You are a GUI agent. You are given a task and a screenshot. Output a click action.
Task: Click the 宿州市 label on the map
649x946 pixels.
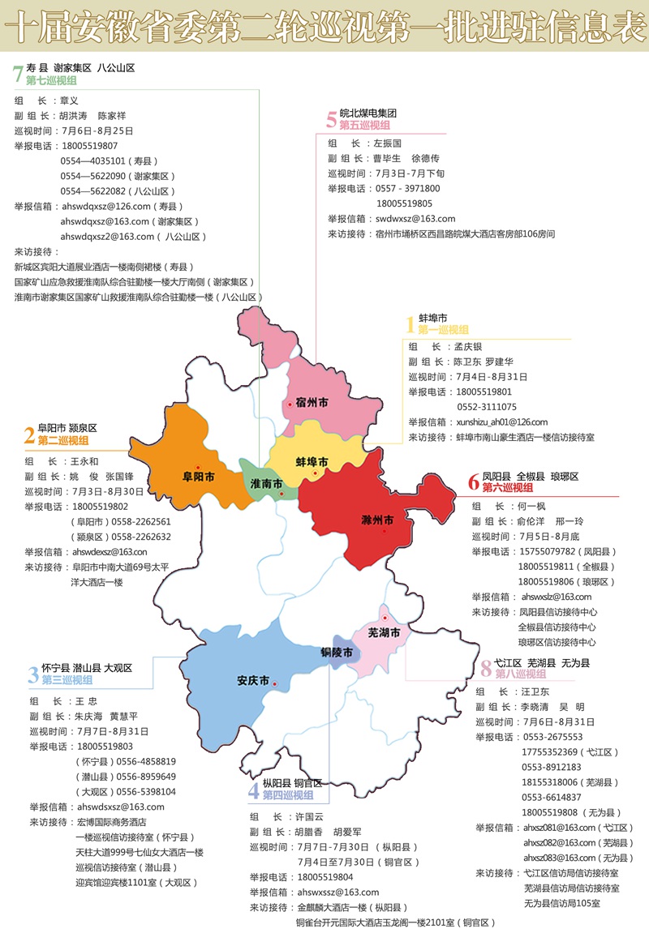pos(312,402)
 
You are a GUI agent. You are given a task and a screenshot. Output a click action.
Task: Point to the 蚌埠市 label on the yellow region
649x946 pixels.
pos(311,462)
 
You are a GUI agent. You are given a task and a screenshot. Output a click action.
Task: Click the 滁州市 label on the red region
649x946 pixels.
pos(376,519)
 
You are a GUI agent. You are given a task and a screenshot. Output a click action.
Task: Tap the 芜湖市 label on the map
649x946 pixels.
pos(385,632)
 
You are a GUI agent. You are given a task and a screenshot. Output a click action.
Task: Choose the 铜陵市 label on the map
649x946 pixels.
pos(336,653)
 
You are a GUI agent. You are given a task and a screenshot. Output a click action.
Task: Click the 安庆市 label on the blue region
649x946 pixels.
pos(253,681)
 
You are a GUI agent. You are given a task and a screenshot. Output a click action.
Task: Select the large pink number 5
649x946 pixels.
pos(331,120)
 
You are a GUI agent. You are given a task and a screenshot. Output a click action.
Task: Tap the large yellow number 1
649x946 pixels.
pos(410,325)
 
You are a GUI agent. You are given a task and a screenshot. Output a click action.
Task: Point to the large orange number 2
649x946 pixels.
pos(29,435)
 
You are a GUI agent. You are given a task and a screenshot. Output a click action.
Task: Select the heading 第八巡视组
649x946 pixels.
pos(520,674)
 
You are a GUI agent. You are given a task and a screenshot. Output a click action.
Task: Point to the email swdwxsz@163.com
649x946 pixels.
pos(415,219)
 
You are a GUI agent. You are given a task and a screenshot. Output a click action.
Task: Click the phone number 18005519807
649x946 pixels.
pos(89,146)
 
